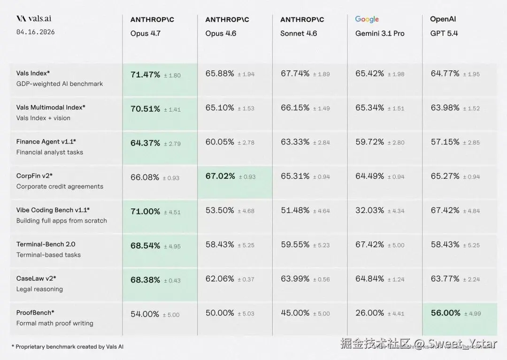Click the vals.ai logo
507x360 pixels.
click(x=34, y=19)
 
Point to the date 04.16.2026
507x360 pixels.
click(x=35, y=32)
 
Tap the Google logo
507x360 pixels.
click(x=367, y=19)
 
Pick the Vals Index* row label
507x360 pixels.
click(x=33, y=73)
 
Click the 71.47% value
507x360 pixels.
click(x=145, y=75)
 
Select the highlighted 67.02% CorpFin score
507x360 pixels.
click(x=220, y=176)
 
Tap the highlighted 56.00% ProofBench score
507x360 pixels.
click(x=446, y=313)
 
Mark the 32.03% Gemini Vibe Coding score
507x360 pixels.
click(x=369, y=210)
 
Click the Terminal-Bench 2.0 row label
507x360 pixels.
click(x=46, y=244)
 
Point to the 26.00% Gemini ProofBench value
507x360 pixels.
click(x=369, y=313)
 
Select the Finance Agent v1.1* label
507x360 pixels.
click(x=46, y=141)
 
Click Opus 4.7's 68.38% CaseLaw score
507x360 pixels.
click(x=145, y=280)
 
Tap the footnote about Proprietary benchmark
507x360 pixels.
click(x=67, y=346)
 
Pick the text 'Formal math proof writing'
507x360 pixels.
click(x=54, y=323)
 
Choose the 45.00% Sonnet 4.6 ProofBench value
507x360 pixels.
click(x=295, y=313)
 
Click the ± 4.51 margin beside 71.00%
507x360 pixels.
click(x=172, y=212)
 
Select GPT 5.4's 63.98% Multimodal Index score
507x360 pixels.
click(x=445, y=107)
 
